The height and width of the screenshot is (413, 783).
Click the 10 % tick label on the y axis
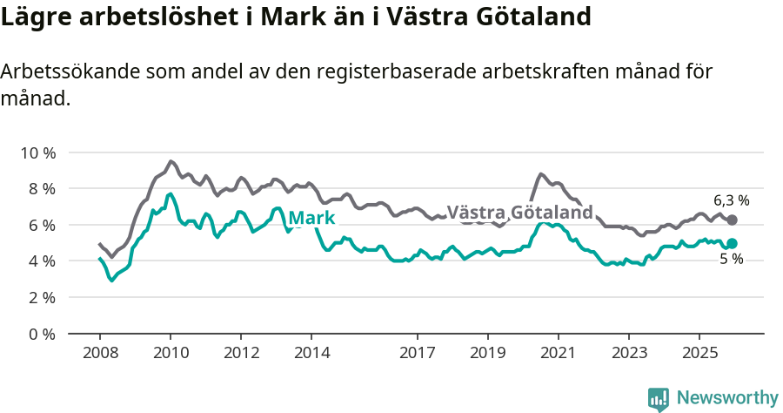(x=37, y=152)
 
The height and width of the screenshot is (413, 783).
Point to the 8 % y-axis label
(x=41, y=188)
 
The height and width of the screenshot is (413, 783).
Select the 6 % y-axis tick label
(x=41, y=225)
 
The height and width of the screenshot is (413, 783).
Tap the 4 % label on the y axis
(x=41, y=261)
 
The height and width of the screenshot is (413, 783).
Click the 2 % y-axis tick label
(x=41, y=297)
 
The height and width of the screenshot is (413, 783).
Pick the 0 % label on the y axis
(x=41, y=334)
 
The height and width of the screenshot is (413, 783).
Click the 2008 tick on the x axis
(x=99, y=353)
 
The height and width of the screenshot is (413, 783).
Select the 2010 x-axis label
(x=171, y=353)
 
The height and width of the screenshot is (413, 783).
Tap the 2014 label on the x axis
(x=311, y=353)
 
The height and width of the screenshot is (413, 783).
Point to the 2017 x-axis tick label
(x=417, y=353)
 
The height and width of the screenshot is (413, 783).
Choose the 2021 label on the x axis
(x=558, y=353)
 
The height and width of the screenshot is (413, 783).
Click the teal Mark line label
(x=311, y=218)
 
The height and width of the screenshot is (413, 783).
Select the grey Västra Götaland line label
(x=519, y=213)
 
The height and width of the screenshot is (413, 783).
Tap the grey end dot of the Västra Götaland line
(x=732, y=220)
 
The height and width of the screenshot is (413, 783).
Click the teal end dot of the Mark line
(x=732, y=244)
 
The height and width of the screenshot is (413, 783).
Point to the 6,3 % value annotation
(x=731, y=200)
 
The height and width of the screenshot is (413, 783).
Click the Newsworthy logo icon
(x=659, y=398)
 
